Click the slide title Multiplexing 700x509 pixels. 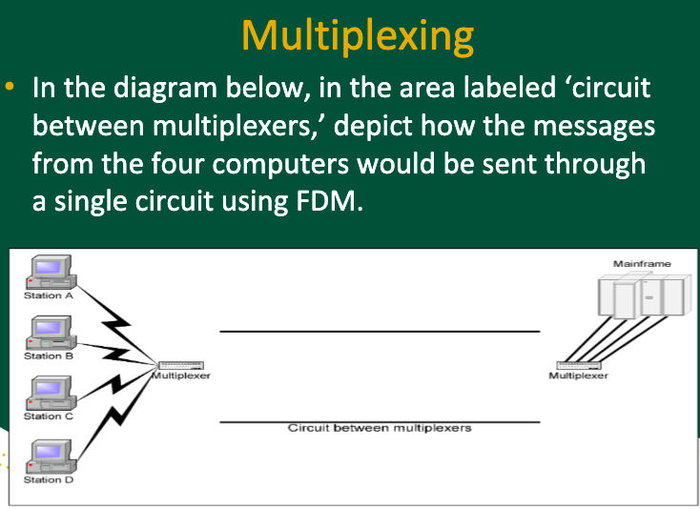tap(358, 36)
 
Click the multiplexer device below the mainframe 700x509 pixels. tap(579, 365)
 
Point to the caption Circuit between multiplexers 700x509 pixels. tap(380, 428)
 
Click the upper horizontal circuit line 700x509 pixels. tap(380, 331)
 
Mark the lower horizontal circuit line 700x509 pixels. tap(380, 420)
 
